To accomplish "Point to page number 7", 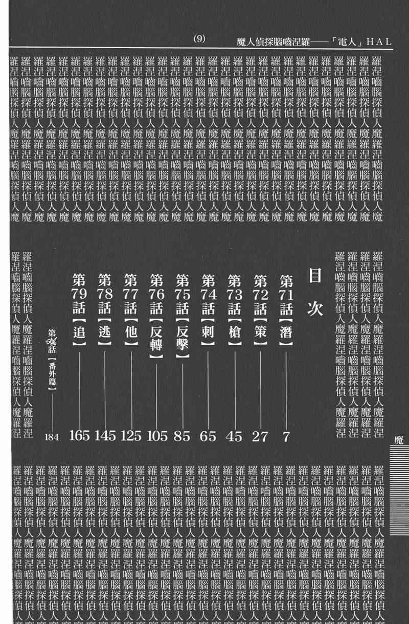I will click(x=286, y=436).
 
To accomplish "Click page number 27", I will click(x=260, y=436).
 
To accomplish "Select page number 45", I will click(x=234, y=436).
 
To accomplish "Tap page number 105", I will click(x=156, y=436).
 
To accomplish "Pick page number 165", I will click(x=79, y=436).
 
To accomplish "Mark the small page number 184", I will click(x=52, y=437).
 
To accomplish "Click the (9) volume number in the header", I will click(x=200, y=40).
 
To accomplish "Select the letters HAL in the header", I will click(x=379, y=41).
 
